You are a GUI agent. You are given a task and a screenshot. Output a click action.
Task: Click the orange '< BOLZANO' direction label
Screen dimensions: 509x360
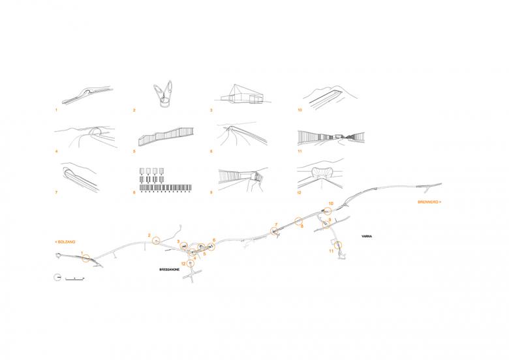[65, 242]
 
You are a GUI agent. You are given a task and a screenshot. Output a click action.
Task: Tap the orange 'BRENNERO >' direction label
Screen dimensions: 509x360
[429, 202]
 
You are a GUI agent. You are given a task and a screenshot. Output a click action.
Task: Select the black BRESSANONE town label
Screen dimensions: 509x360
[170, 269]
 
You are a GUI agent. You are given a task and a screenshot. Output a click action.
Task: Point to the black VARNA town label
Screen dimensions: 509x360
[367, 237]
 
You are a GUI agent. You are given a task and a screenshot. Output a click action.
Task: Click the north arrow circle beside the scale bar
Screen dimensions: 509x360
[58, 278]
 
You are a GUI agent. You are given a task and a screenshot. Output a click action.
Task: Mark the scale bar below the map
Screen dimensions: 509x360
[75, 278]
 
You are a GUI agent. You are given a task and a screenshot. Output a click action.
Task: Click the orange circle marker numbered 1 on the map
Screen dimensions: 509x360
[86, 258]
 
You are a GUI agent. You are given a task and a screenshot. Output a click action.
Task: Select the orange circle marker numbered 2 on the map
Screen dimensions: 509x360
[157, 241]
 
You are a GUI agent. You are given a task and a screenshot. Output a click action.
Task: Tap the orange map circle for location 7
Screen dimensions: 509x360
[274, 231]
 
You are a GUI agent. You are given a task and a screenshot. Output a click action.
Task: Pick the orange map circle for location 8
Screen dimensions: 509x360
[298, 221]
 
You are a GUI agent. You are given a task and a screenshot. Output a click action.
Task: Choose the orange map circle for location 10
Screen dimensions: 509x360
[328, 211]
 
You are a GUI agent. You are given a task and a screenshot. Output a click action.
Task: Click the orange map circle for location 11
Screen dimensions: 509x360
[339, 245]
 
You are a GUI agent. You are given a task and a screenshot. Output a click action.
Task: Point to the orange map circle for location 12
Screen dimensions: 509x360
[191, 263]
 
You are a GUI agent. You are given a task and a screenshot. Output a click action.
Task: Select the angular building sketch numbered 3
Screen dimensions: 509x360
[243, 95]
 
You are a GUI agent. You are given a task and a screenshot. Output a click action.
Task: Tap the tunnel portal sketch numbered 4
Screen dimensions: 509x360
[85, 136]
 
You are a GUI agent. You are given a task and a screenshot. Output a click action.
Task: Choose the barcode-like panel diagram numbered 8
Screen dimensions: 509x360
[165, 180]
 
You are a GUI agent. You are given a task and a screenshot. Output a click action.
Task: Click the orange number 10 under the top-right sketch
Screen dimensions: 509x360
[300, 110]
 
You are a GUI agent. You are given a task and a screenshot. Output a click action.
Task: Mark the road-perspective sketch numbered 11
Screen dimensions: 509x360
[332, 137]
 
